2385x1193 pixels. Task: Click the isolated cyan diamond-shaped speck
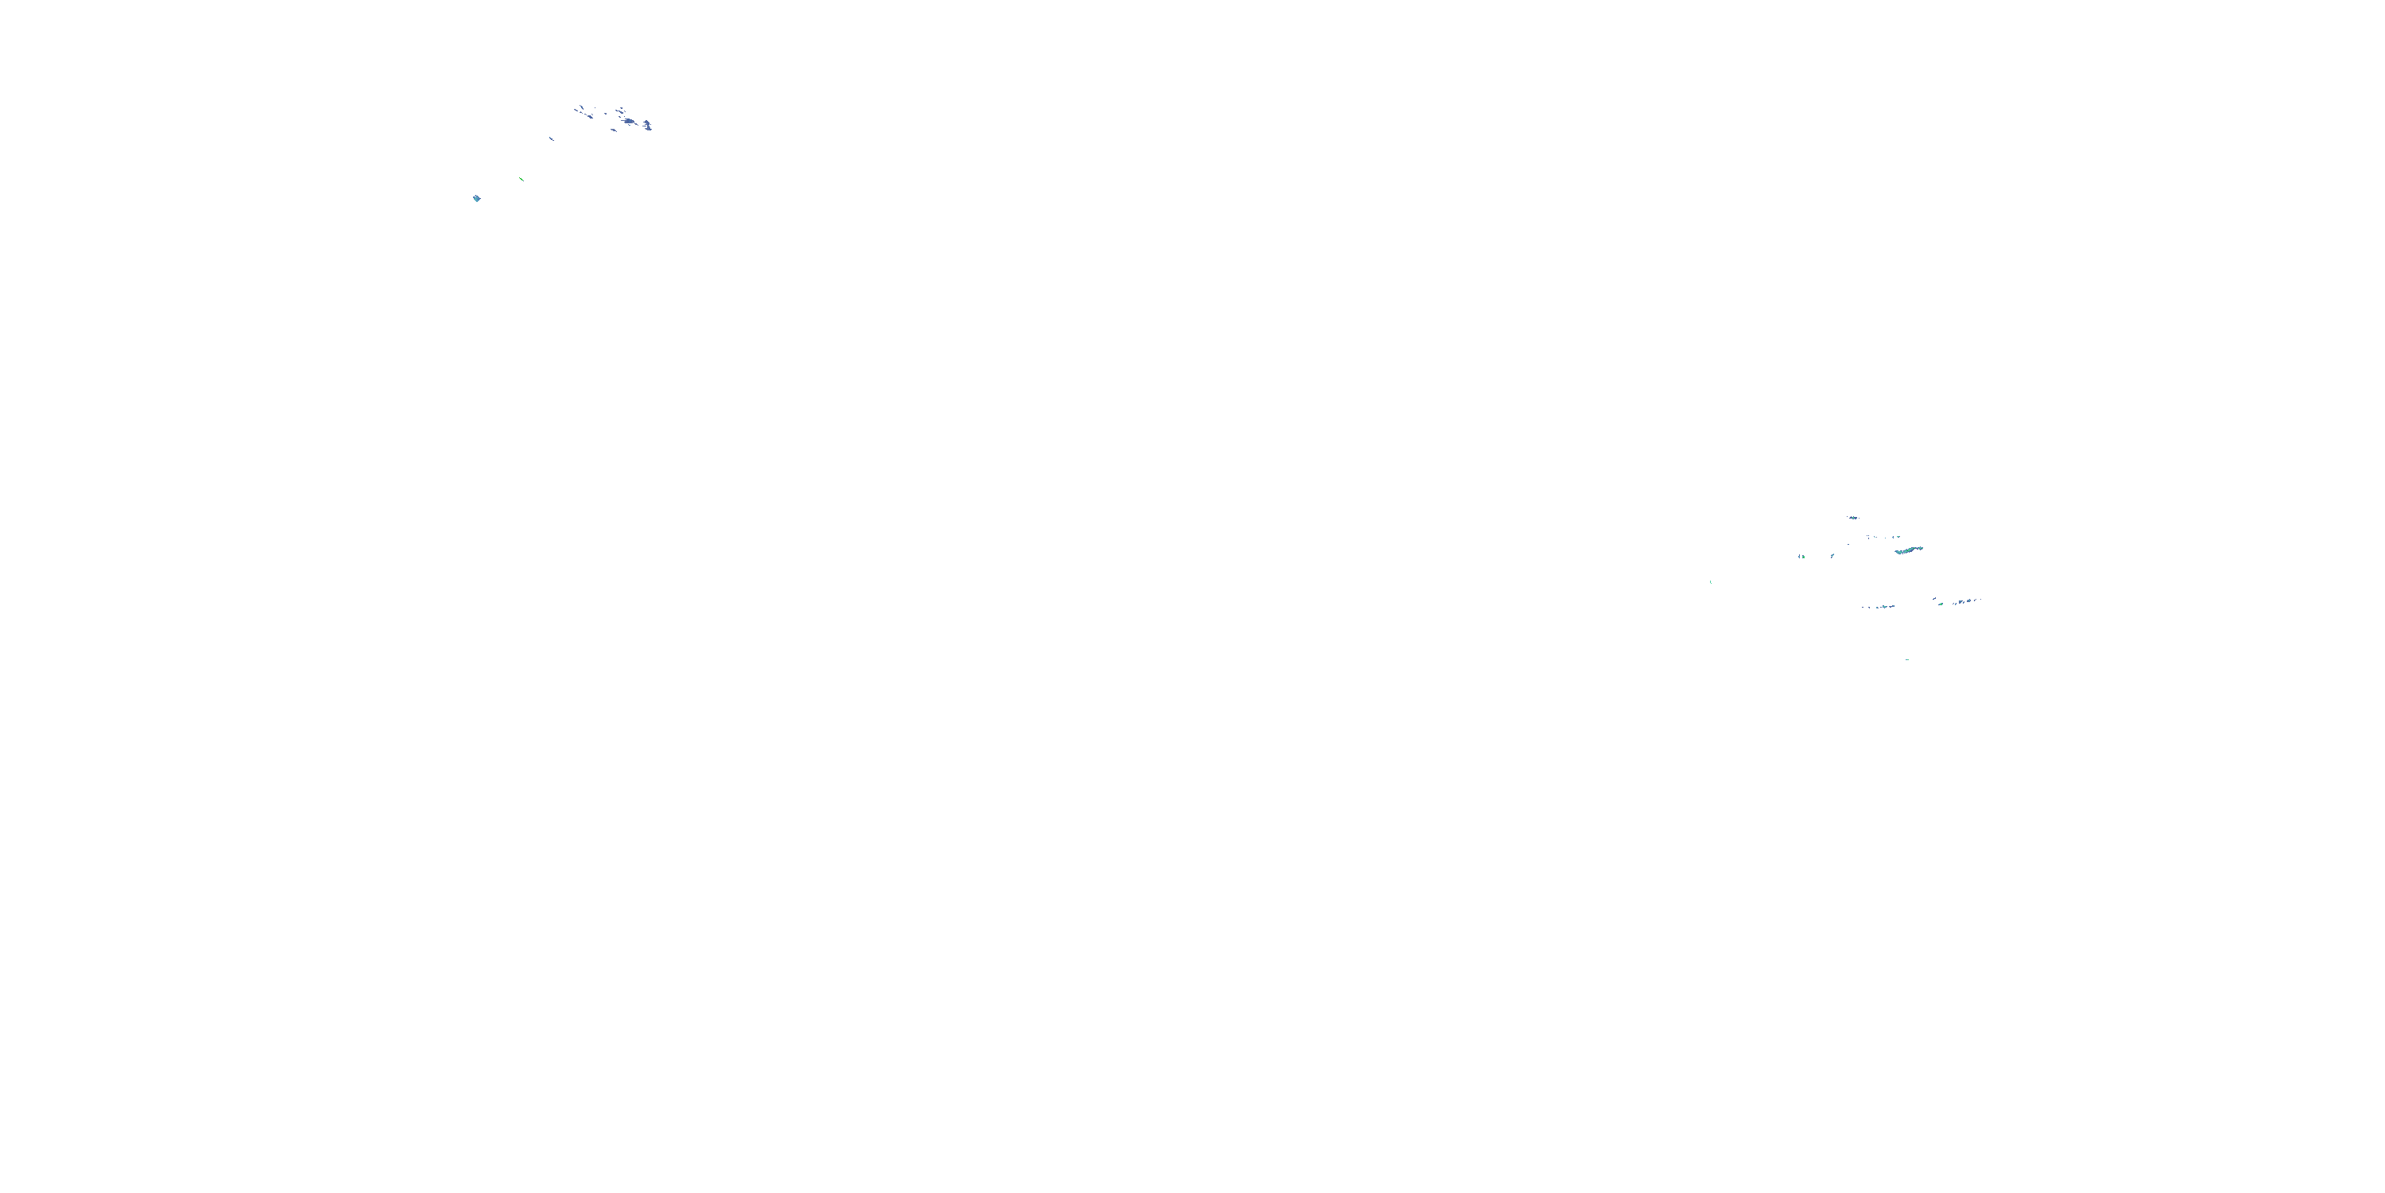(477, 198)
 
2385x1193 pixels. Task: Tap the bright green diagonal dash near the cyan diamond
(522, 179)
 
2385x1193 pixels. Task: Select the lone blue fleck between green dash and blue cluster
(551, 139)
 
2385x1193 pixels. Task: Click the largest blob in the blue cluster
(630, 122)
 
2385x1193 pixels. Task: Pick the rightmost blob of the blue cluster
(647, 125)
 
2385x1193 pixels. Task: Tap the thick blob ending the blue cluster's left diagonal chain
(590, 117)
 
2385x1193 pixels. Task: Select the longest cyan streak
(1908, 550)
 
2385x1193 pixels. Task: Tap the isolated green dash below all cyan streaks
(1907, 659)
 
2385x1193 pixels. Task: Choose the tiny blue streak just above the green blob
(1935, 598)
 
